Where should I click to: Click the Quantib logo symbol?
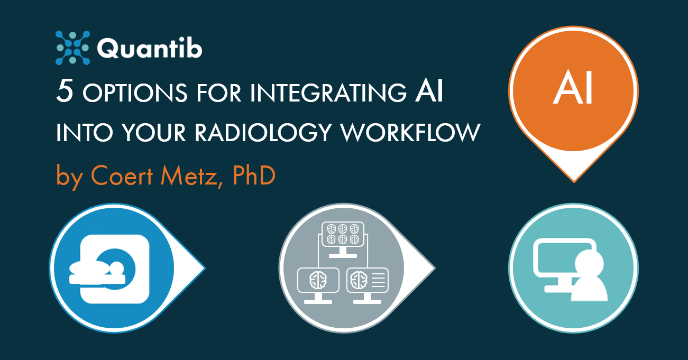click(x=72, y=48)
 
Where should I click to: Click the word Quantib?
click(x=150, y=49)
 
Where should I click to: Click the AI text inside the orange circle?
click(x=573, y=90)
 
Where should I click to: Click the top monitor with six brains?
click(x=341, y=237)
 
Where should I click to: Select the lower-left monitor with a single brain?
click(x=318, y=281)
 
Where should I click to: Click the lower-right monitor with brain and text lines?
click(x=367, y=281)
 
